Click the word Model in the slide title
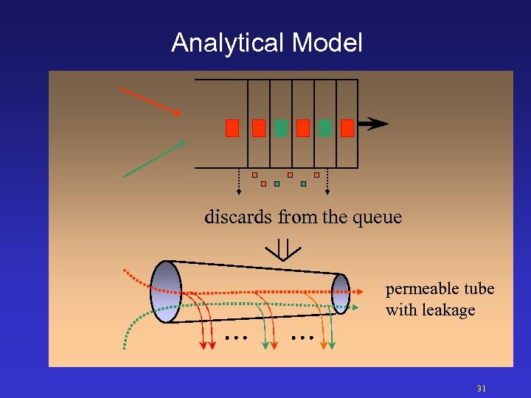tap(327, 43)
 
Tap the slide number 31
tap(482, 388)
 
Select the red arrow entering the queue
tap(150, 102)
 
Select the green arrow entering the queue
tap(154, 159)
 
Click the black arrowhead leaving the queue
tap(378, 124)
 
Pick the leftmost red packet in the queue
tap(232, 128)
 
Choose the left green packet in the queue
tap(280, 128)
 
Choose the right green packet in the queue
tap(325, 128)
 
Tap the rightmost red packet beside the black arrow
tap(347, 128)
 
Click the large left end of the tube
tap(166, 292)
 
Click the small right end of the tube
tap(341, 293)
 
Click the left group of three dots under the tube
tap(235, 338)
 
